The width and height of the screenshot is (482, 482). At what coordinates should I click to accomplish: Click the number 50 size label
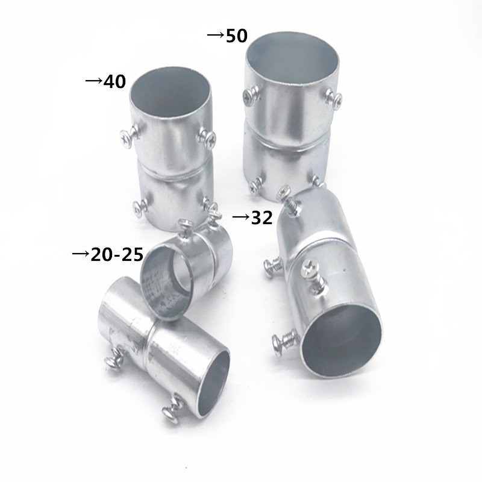click(x=236, y=36)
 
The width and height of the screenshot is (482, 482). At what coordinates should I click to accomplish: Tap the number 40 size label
click(x=114, y=81)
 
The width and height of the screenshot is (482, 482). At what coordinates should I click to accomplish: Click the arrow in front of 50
click(x=215, y=36)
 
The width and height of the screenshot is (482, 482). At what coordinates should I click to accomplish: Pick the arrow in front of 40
click(x=93, y=81)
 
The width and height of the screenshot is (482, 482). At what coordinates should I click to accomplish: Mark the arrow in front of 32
click(x=241, y=217)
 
